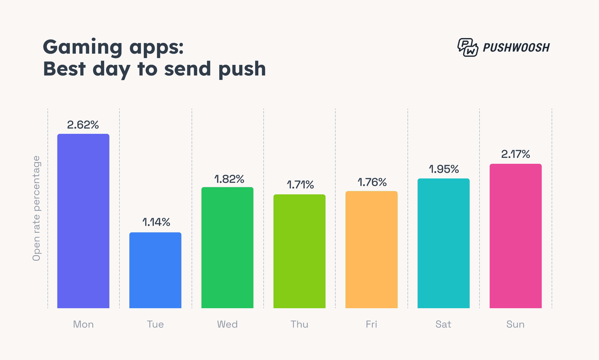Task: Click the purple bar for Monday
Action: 83,221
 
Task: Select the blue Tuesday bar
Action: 155,270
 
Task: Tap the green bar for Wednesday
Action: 227,247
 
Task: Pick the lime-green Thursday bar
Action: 299,251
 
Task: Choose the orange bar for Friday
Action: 372,250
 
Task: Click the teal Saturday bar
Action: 444,243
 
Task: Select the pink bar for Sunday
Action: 516,236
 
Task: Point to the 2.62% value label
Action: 83,125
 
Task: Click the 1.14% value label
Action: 156,222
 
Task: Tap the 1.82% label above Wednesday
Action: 229,179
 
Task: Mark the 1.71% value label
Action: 300,185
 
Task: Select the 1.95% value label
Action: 444,169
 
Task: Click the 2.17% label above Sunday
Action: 516,154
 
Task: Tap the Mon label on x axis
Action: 83,324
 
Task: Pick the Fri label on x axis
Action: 372,324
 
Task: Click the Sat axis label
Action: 443,324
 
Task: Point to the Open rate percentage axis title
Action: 37,208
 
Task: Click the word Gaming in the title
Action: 83,47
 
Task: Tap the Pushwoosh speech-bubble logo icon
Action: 468,47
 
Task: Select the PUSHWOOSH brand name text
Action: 516,47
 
